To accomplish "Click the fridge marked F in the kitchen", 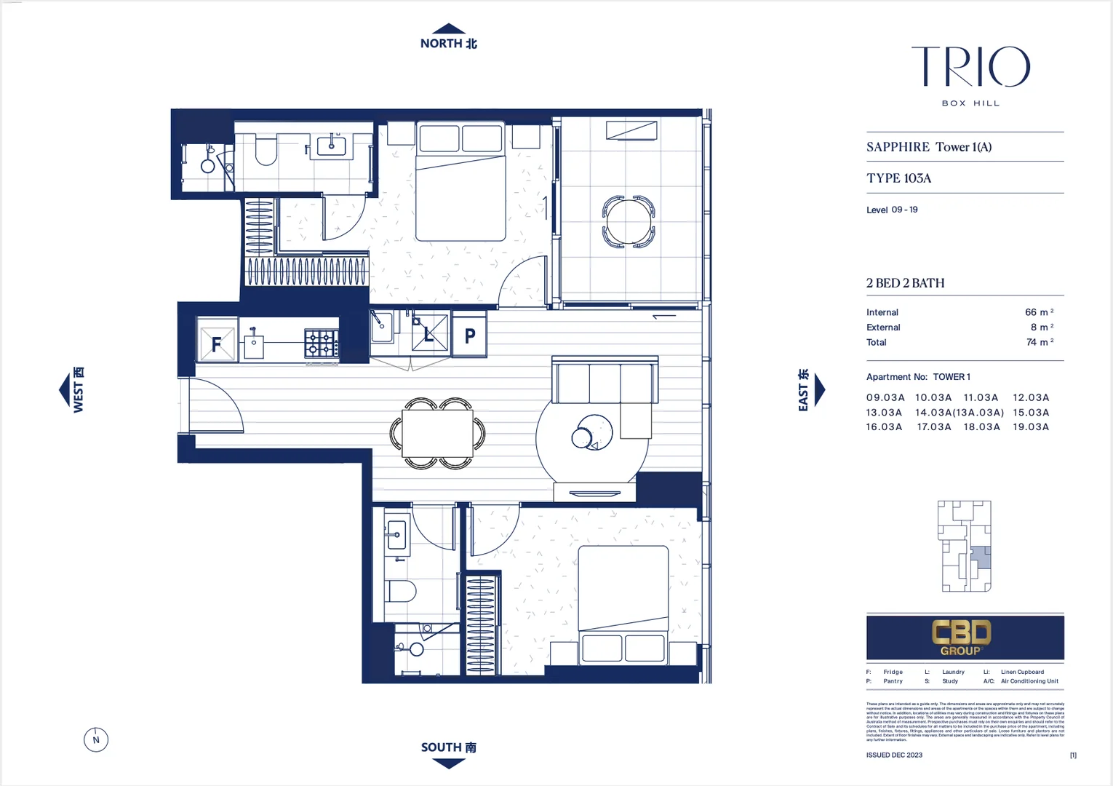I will pos(216,341).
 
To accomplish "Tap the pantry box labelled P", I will pos(470,335).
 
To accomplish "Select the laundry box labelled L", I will pos(429,333).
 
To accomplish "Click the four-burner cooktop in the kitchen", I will pos(321,344).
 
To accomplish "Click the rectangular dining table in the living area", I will pos(438,434).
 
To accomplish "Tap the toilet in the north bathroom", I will pos(266,151).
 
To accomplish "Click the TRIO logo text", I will pos(970,67).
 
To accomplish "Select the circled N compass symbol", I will pos(96,740).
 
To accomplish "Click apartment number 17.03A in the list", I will pos(933,427).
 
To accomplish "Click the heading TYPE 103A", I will pos(898,178).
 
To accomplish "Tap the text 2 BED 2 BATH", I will pos(905,283).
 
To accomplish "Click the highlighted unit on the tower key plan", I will pos(981,557).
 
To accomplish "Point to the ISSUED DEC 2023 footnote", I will pos(894,755).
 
